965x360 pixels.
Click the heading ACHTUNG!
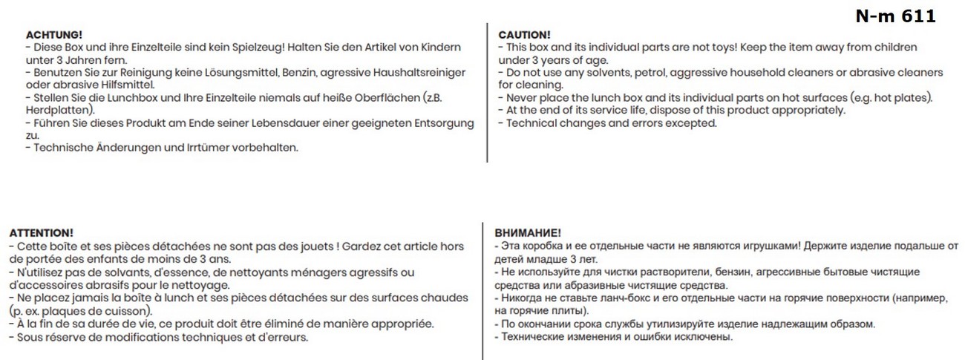[53, 35]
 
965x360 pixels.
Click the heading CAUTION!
[524, 35]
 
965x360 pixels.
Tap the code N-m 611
[895, 16]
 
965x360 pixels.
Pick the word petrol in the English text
[650, 73]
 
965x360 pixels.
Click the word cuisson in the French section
[131, 310]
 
